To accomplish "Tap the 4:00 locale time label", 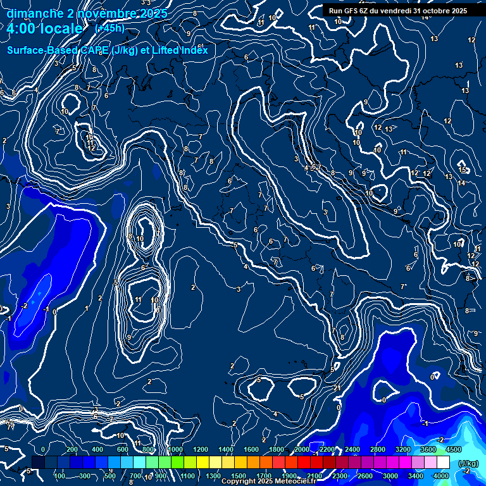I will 44,29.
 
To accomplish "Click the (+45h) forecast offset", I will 109,28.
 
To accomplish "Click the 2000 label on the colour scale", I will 302,449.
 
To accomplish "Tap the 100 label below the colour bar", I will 59,476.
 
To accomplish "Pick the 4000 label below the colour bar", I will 440,476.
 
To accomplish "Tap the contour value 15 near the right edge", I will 463,170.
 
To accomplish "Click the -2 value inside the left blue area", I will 24,305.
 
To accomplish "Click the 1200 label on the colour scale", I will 200,449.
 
